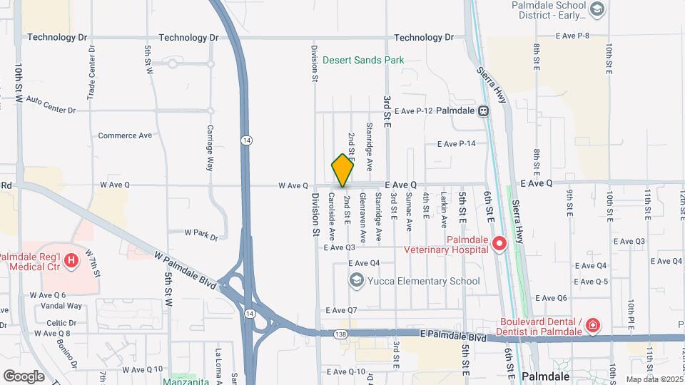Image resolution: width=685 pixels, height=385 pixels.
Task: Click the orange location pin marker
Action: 342,170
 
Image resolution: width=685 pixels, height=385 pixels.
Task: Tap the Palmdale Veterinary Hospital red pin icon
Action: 499,244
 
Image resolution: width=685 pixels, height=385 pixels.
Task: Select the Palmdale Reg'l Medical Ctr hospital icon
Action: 71,261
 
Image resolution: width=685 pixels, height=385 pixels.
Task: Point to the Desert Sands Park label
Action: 363,60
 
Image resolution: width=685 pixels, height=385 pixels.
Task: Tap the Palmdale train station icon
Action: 484,111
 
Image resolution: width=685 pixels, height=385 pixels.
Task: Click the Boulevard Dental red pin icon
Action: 592,326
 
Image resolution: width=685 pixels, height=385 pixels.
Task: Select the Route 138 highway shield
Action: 340,334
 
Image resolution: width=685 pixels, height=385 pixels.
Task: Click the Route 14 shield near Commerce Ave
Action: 245,139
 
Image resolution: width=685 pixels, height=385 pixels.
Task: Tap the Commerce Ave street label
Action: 125,135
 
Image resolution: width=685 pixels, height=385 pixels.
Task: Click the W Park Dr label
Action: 201,232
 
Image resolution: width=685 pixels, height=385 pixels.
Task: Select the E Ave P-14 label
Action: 456,144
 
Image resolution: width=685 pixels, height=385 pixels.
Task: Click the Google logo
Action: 24,376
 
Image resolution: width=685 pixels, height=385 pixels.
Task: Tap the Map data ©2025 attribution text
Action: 654,379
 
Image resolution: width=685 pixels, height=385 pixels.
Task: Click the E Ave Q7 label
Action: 341,310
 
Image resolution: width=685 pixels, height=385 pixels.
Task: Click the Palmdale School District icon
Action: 597,9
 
